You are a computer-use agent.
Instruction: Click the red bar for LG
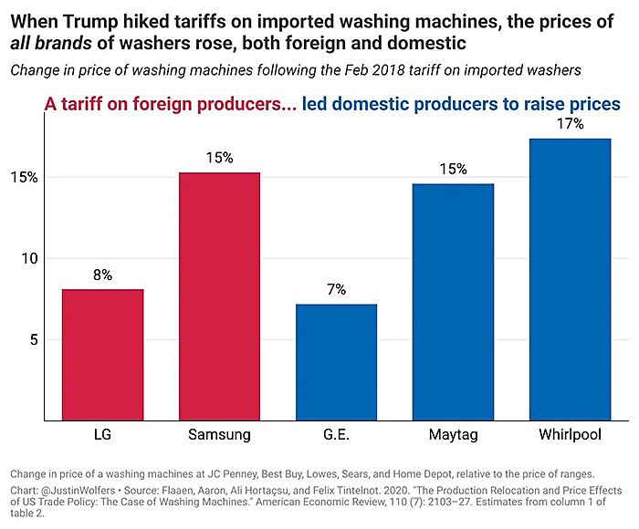(x=102, y=355)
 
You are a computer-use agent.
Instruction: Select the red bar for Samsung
(x=219, y=296)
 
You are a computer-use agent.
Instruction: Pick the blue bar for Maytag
(x=453, y=302)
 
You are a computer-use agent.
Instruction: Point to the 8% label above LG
(x=102, y=275)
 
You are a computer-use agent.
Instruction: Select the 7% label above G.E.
(x=336, y=289)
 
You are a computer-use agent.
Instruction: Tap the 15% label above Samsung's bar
(x=219, y=158)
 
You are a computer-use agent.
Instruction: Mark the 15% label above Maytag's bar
(x=453, y=169)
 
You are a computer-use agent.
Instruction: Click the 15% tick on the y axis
(x=26, y=177)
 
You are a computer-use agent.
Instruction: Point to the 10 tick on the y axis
(x=28, y=258)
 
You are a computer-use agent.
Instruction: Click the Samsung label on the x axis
(x=219, y=435)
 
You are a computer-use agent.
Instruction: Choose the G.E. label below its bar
(x=336, y=435)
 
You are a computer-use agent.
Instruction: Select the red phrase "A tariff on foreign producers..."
(x=170, y=103)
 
